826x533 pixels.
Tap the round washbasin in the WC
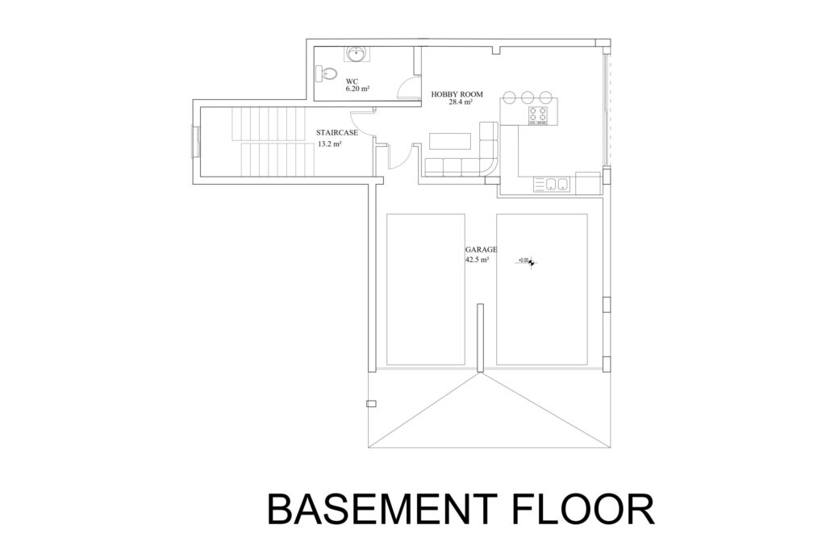coord(356,54)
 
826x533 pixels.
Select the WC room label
coord(352,81)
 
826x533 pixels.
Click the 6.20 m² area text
coord(357,90)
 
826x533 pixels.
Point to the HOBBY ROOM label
coord(457,94)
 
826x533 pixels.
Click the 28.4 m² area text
coord(461,102)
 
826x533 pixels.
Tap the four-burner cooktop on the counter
coord(538,116)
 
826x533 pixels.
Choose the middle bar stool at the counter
coord(528,97)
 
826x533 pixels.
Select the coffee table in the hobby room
coord(450,140)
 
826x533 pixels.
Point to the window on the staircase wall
coord(193,141)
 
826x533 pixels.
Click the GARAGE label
coord(481,251)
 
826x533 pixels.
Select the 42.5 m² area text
coord(478,260)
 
